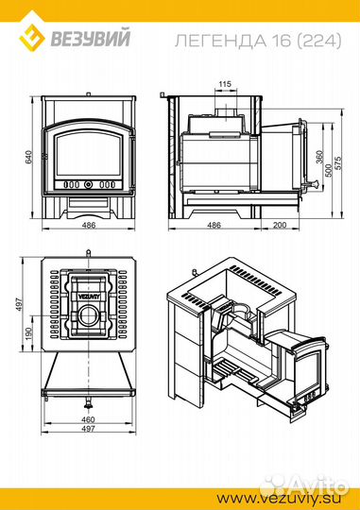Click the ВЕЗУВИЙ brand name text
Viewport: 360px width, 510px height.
click(x=91, y=39)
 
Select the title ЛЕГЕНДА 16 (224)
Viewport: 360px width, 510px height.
click(x=258, y=41)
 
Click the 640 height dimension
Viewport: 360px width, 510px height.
click(x=29, y=157)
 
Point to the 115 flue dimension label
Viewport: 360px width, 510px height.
click(x=225, y=84)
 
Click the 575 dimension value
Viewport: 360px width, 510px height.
click(x=338, y=164)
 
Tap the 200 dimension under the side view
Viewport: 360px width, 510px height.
click(x=280, y=225)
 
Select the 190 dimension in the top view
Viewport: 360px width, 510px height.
click(x=29, y=333)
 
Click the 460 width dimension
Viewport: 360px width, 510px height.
click(x=88, y=419)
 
